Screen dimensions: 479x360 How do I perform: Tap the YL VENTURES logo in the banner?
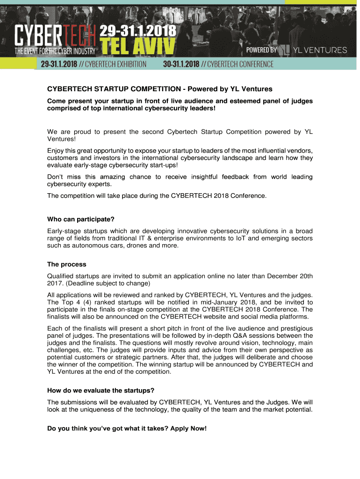[314, 50]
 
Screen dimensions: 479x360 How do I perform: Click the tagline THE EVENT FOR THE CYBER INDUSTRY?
[55, 51]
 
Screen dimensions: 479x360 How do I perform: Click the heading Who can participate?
[81, 219]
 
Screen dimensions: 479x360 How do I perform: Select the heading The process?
[67, 264]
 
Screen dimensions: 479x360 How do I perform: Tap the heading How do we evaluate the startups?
[101, 390]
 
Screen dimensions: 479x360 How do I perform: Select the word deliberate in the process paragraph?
[247, 357]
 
